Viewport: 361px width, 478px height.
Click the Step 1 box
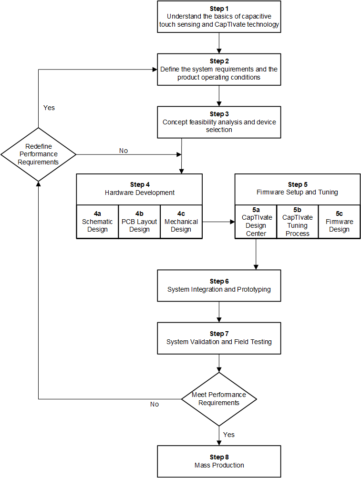[219, 17]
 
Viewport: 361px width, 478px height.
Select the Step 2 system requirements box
[219, 69]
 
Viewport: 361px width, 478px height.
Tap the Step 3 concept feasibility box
[219, 122]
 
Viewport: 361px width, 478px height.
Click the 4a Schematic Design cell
[97, 222]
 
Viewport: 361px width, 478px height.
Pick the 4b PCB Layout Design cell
[139, 222]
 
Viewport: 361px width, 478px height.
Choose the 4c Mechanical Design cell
[181, 222]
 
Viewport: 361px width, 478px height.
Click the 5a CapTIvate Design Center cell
[256, 222]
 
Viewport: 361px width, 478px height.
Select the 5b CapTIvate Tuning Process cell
[297, 222]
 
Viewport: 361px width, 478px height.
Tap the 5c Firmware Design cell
[339, 222]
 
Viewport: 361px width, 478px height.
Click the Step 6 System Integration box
[219, 285]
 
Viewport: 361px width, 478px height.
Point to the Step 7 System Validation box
[219, 338]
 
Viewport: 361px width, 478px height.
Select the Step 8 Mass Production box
[219, 461]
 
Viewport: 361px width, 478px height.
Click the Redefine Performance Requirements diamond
[38, 154]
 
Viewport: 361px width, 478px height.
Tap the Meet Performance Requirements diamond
[219, 398]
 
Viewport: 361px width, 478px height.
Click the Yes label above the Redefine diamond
[49, 108]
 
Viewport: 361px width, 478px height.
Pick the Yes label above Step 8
[229, 435]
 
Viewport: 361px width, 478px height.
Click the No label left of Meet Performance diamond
[154, 404]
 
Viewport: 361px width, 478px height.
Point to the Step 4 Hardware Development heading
[139, 189]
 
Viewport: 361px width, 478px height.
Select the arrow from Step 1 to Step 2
[219, 42]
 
